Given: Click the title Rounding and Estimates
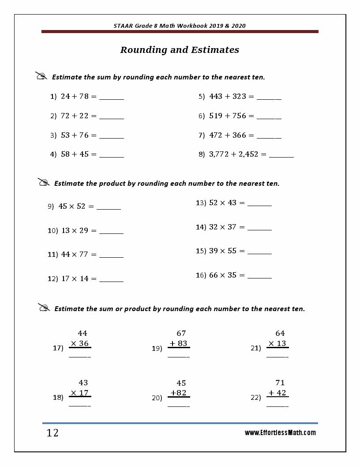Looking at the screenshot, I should [180, 50].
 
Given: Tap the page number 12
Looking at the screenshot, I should [52, 433].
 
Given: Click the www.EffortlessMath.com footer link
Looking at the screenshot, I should [280, 433].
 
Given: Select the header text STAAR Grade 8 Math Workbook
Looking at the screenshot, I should [180, 26].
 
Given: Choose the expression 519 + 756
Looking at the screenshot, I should [228, 116].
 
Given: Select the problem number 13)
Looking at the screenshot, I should [201, 203].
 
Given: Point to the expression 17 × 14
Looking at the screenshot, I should [75, 279].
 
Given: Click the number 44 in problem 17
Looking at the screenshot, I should [82, 334].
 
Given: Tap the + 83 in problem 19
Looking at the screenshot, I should [178, 344].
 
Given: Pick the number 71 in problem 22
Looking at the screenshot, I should [280, 383].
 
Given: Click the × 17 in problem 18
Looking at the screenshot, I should [80, 393].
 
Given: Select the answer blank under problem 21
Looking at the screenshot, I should [277, 356].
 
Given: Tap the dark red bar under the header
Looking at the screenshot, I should [180, 32].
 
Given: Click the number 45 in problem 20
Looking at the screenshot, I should [181, 383].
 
